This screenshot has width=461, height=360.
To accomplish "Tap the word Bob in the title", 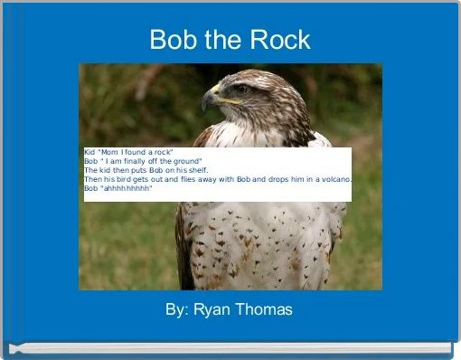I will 172,40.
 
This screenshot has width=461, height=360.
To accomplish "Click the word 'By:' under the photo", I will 177,309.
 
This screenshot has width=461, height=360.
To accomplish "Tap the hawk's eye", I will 242,90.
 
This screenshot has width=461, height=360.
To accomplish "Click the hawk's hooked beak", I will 209,99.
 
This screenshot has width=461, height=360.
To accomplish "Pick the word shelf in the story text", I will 197,170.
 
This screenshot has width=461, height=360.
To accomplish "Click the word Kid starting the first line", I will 89,152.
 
